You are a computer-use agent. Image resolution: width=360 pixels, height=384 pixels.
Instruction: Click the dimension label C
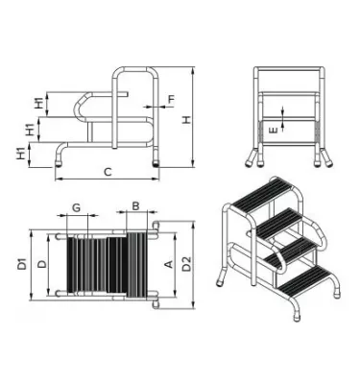(108, 172)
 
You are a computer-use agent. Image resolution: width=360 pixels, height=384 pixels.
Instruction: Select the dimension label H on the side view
(186, 120)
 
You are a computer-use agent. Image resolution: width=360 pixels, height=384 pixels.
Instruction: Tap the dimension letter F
(171, 99)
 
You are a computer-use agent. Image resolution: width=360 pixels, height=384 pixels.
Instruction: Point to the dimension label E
(274, 131)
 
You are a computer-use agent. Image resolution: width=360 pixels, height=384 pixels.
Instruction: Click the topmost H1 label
(39, 104)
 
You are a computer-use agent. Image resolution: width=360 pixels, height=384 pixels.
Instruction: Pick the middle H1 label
(30, 130)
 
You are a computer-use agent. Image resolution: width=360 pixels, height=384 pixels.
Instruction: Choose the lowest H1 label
(21, 154)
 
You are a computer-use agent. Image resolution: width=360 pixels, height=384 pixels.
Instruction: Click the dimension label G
(76, 207)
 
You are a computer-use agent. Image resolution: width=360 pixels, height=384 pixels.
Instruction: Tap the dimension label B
(135, 206)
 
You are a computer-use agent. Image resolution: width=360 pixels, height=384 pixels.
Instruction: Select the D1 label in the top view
(22, 264)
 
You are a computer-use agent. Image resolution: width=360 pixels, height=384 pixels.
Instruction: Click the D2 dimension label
(186, 264)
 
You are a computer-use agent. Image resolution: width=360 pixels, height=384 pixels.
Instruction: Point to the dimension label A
(169, 264)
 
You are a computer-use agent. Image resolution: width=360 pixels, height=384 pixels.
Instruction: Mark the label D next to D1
(42, 264)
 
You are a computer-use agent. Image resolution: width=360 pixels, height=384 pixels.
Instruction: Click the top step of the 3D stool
(263, 193)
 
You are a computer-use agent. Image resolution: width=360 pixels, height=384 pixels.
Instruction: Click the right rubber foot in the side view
(156, 163)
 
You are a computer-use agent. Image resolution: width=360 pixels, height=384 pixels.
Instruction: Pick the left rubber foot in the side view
(59, 163)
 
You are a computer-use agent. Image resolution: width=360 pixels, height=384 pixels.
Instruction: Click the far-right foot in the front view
(328, 162)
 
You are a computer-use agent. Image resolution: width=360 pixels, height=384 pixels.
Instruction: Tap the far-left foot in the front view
(250, 162)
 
